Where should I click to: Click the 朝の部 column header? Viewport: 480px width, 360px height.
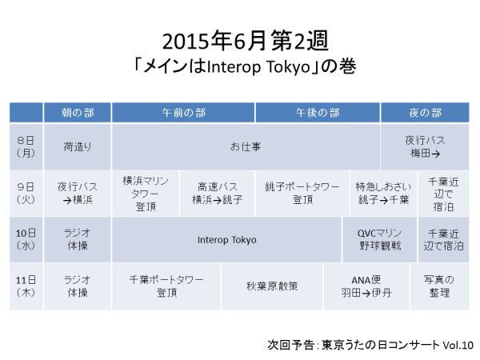click(x=78, y=113)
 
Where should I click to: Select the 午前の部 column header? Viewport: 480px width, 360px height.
click(x=183, y=113)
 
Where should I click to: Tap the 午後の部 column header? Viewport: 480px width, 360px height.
click(x=318, y=113)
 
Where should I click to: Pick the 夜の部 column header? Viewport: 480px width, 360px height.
click(x=425, y=113)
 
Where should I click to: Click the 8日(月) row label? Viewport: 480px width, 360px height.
click(x=26, y=146)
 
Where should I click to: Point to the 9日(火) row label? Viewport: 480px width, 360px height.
click(x=26, y=194)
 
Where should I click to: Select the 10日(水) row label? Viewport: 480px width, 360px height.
click(x=26, y=240)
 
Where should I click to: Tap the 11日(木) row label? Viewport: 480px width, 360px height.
click(x=26, y=286)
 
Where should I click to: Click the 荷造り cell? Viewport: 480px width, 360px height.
click(x=78, y=146)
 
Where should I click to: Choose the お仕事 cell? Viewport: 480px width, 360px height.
click(x=246, y=146)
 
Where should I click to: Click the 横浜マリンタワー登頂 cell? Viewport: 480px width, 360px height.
click(x=146, y=194)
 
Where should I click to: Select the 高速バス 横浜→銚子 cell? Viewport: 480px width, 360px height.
click(x=218, y=194)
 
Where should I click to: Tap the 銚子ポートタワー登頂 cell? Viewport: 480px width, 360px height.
click(x=302, y=194)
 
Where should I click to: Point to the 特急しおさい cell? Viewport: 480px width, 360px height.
click(x=383, y=194)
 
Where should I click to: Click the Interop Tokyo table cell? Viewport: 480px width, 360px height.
click(x=226, y=240)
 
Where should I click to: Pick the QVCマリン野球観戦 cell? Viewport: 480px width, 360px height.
click(x=379, y=240)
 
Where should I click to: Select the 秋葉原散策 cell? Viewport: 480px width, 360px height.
click(x=272, y=286)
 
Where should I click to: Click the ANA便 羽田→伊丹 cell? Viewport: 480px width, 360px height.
click(x=366, y=286)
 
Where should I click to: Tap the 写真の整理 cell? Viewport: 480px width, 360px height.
click(x=439, y=286)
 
